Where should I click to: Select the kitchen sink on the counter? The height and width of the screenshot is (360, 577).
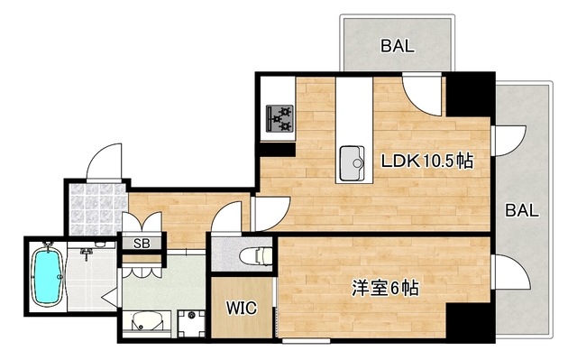coord(353,164)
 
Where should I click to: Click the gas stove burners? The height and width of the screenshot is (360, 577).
coord(280,116)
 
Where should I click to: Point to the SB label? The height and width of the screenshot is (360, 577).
coord(142,243)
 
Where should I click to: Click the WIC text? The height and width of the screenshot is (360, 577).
coord(241,309)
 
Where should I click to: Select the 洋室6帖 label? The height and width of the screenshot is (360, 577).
coord(384,289)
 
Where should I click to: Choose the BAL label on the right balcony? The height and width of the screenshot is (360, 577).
coord(522,211)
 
